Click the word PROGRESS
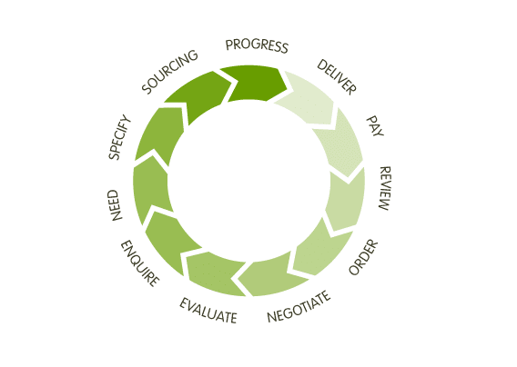[x=257, y=45]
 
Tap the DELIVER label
[x=337, y=77]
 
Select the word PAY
[x=376, y=126]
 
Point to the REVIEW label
[x=385, y=188]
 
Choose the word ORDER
[x=363, y=257]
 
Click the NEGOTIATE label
[x=299, y=307]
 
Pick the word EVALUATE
[x=208, y=311]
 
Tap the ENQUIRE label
[x=140, y=263]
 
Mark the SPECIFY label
[x=119, y=137]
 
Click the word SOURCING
[x=170, y=72]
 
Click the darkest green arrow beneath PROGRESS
[x=254, y=84]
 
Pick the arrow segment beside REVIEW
[x=346, y=199]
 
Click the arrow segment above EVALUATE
[x=214, y=272]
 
